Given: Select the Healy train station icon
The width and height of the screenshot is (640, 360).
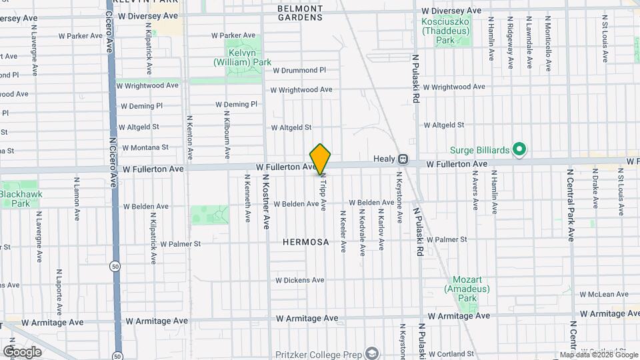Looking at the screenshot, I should click(x=403, y=159).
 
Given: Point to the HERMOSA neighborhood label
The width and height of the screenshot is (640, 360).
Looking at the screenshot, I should click(x=305, y=242).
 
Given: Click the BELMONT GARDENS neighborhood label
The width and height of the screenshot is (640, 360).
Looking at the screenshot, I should click(x=300, y=13).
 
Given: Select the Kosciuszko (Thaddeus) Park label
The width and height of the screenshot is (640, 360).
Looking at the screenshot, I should click(x=445, y=25).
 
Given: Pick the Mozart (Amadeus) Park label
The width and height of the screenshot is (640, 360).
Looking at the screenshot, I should click(x=467, y=285).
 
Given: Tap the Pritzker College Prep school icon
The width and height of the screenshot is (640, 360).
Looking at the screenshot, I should click(x=371, y=353).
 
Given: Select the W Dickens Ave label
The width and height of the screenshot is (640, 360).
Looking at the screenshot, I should click(x=299, y=281).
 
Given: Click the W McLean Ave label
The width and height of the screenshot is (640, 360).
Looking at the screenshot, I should click(x=605, y=294).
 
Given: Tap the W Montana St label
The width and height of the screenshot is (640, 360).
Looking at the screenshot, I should click(x=143, y=147).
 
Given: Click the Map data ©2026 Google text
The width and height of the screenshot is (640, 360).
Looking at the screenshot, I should click(x=598, y=355).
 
